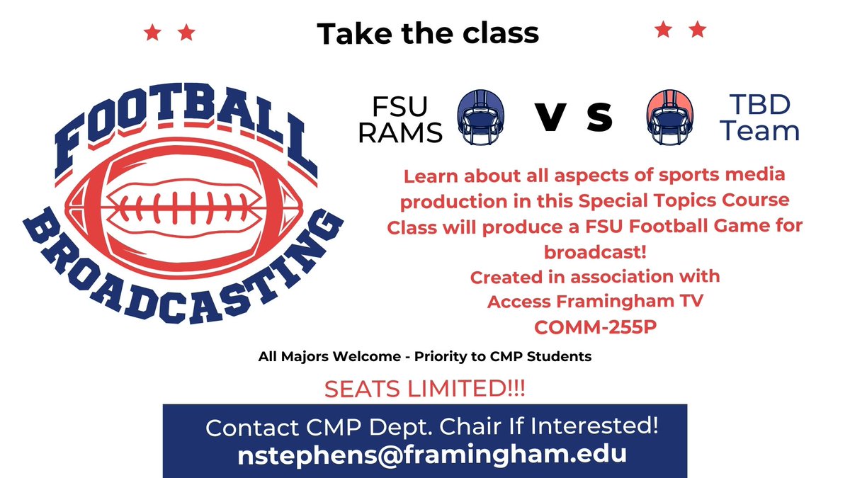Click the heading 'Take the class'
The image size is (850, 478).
[427, 33]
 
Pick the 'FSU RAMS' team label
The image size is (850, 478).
[400, 119]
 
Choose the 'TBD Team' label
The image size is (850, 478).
[759, 119]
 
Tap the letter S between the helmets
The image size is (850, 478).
[599, 118]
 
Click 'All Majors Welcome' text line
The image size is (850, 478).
[424, 357]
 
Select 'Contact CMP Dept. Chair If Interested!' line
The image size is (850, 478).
[432, 428]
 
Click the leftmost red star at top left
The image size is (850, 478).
[151, 33]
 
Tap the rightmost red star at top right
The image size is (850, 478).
[698, 30]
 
